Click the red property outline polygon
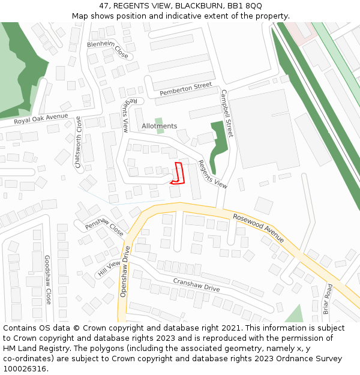click(178, 172)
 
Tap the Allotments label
click(160, 126)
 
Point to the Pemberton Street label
click(186, 89)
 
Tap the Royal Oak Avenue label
click(41, 119)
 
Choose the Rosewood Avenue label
click(259, 228)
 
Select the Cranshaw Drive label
click(196, 285)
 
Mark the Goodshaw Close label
click(47, 279)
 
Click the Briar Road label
click(328, 298)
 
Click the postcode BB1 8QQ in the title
click(245, 5)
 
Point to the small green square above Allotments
click(158, 121)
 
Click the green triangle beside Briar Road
click(294, 314)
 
